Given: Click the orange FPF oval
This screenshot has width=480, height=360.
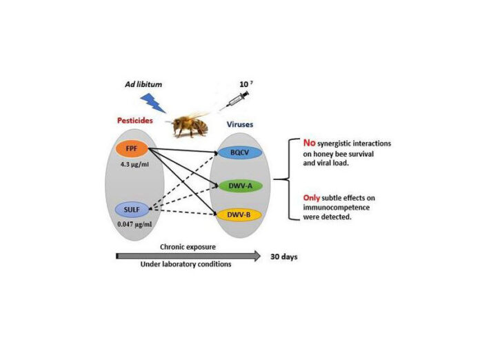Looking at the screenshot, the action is [x=132, y=149].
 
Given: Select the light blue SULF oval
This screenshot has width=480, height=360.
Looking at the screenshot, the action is [x=132, y=210].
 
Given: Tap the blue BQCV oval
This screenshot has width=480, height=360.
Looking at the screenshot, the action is [x=240, y=152].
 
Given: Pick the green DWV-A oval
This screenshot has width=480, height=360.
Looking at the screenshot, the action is [x=240, y=186].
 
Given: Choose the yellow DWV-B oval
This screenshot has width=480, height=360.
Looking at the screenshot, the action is [x=239, y=215].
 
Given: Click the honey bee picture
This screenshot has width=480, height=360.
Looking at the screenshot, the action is [x=188, y=124].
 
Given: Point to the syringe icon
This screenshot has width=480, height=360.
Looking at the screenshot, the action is [x=234, y=99].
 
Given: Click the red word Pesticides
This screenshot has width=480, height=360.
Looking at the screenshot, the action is [x=135, y=121].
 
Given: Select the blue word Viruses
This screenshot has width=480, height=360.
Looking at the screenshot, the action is [x=240, y=125].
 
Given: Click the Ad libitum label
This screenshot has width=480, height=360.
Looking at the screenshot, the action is [x=143, y=85].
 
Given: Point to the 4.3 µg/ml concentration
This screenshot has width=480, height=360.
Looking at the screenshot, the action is [x=134, y=164].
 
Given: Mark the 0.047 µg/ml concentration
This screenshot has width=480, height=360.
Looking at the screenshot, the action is [x=134, y=224].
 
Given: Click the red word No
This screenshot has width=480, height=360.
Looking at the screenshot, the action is [x=309, y=143].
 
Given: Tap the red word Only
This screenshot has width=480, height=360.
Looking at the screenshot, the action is [x=311, y=198].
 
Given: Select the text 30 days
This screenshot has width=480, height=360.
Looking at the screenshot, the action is [x=283, y=257].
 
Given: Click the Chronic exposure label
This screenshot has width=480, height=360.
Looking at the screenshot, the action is [x=188, y=247].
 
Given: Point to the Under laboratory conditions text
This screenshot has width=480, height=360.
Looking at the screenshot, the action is [x=186, y=264].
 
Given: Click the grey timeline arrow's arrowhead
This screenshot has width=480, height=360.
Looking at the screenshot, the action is [x=256, y=256].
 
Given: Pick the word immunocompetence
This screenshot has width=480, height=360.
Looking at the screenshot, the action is [x=336, y=208].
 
